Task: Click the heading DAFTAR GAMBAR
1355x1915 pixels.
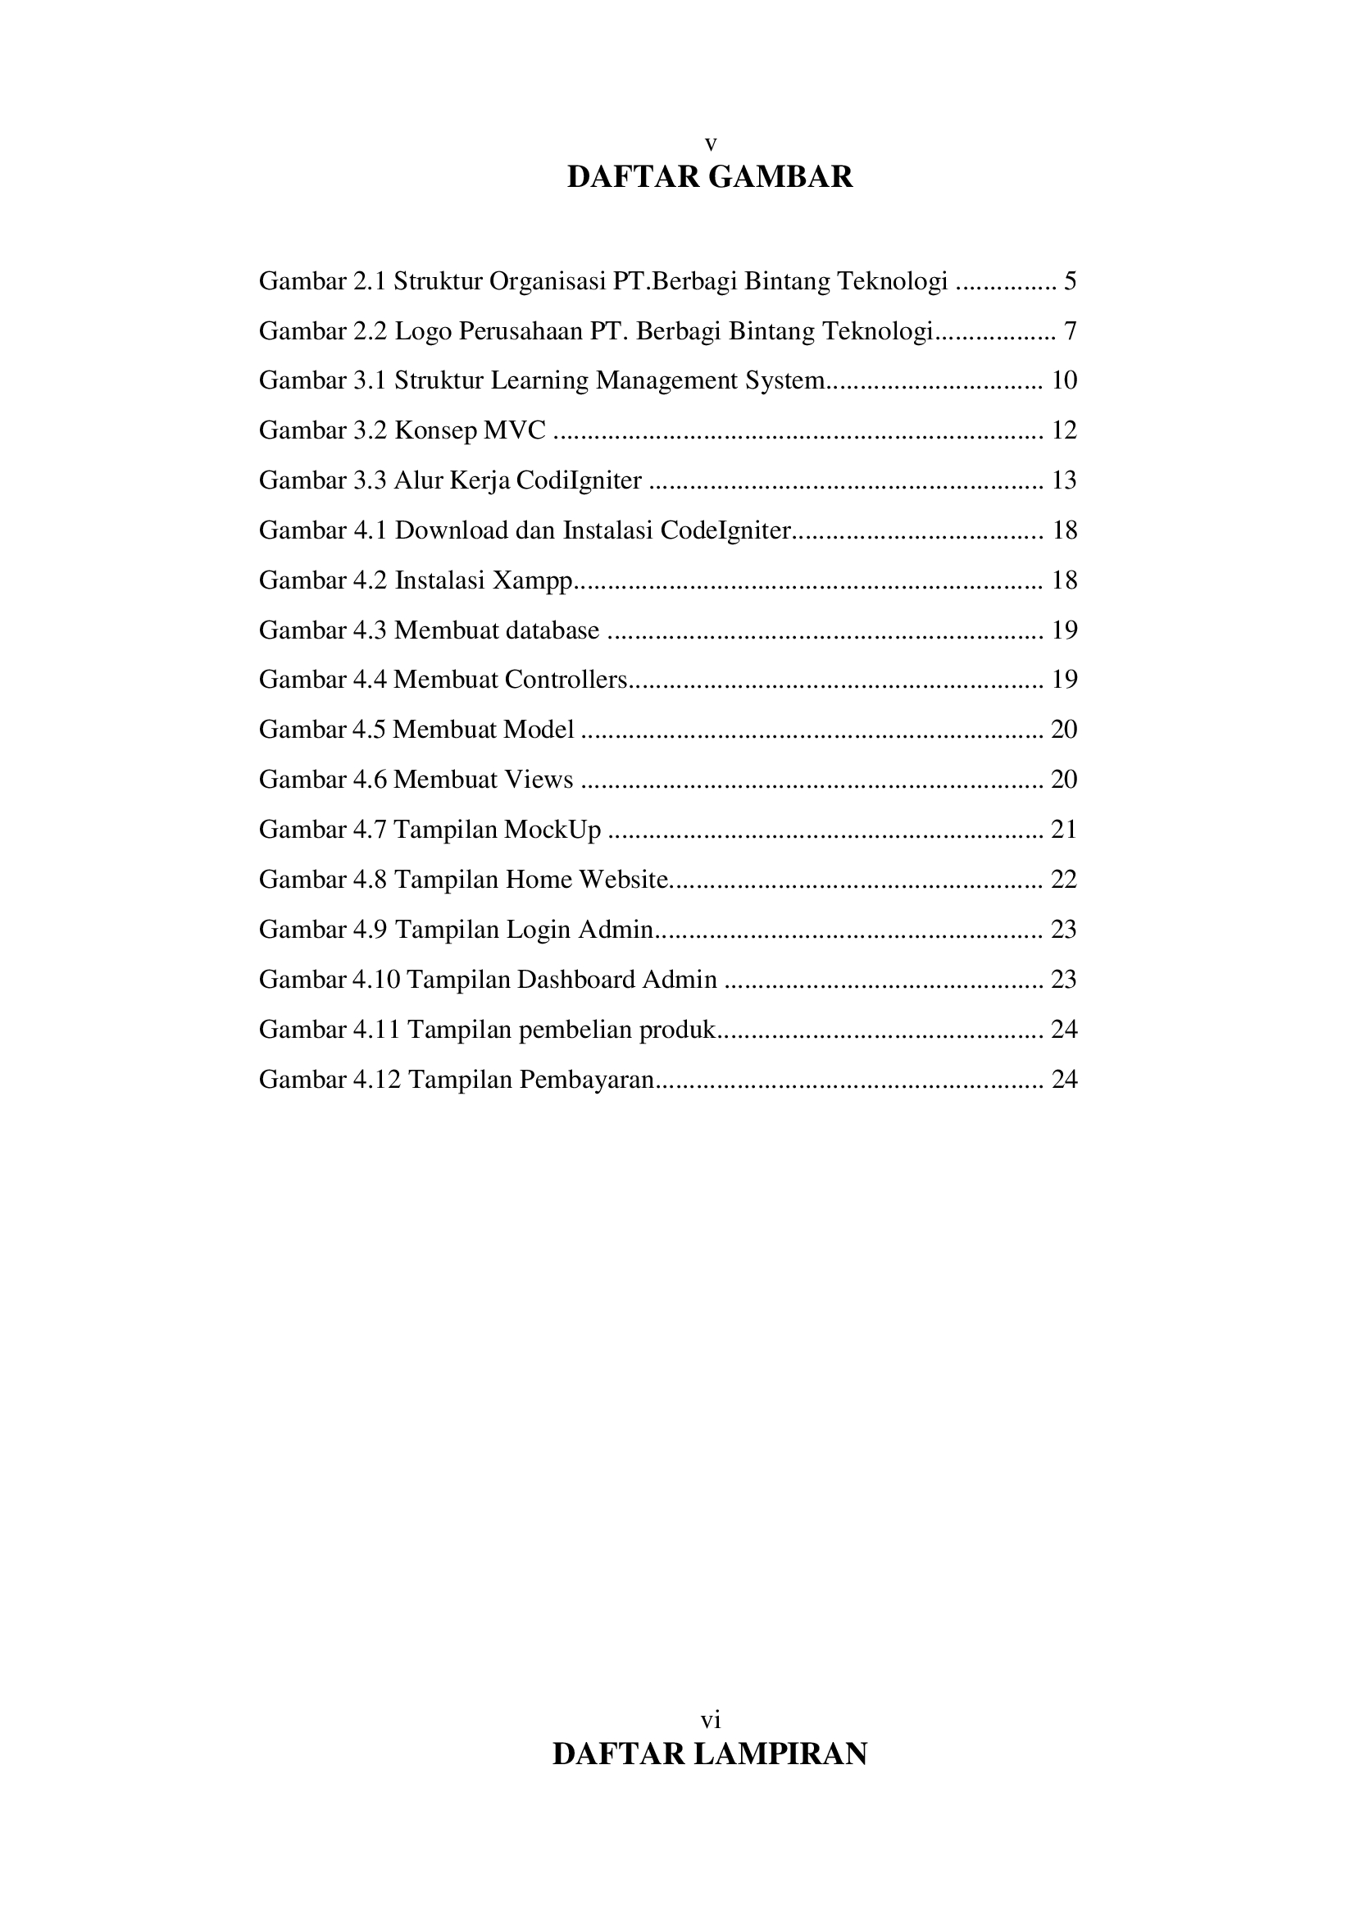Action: point(710,177)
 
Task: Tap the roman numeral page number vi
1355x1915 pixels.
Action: point(710,1719)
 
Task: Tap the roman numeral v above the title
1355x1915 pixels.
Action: point(710,144)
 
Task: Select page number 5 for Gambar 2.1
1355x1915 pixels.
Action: point(1070,281)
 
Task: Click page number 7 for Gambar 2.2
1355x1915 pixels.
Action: point(1070,331)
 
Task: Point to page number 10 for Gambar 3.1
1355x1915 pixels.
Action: point(1064,380)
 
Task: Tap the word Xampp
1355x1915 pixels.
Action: point(532,580)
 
